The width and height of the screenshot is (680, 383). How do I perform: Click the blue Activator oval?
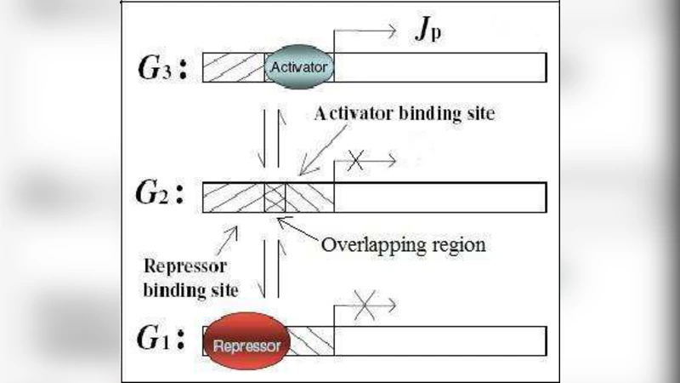click(x=300, y=65)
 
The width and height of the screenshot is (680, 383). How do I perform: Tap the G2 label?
click(x=166, y=197)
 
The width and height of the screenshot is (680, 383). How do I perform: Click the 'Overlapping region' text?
click(x=403, y=245)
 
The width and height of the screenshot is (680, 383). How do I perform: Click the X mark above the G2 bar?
click(x=357, y=162)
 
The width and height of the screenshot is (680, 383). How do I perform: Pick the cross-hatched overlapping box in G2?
click(x=275, y=197)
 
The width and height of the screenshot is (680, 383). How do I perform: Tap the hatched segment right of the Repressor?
click(x=311, y=340)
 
